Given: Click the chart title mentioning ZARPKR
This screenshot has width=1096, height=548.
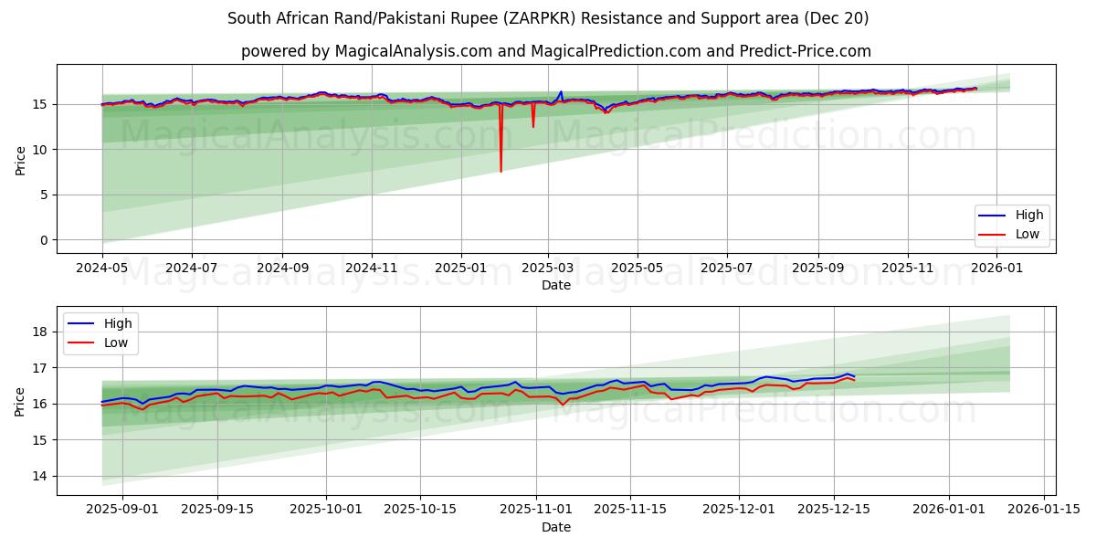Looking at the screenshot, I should point(548,18).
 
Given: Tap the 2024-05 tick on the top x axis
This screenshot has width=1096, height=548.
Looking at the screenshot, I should point(102,269).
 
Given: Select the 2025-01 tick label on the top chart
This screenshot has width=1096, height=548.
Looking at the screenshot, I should point(460,269).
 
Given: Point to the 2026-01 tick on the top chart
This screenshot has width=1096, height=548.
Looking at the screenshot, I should point(997,269).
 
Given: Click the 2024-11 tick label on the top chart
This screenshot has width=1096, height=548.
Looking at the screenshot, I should point(371,269).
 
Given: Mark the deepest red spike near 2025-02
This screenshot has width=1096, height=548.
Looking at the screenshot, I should point(501,171).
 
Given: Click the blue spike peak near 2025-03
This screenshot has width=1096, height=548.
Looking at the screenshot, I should point(561,92).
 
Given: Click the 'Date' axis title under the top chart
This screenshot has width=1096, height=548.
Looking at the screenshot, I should point(555,285).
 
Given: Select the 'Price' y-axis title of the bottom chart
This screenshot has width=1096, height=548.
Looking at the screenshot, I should point(20,401).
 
